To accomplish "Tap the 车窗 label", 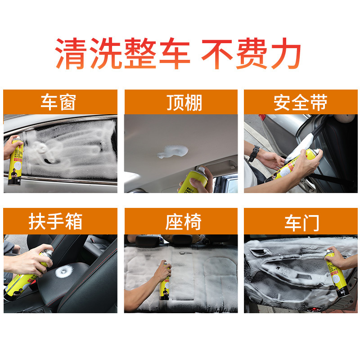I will click(60, 103).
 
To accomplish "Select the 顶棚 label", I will click(181, 103).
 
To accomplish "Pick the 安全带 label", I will click(301, 103).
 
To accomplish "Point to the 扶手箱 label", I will click(60, 221).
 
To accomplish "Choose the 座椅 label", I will click(181, 221).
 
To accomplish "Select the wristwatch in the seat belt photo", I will click(254, 153).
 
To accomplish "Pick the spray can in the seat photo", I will click(165, 283).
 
